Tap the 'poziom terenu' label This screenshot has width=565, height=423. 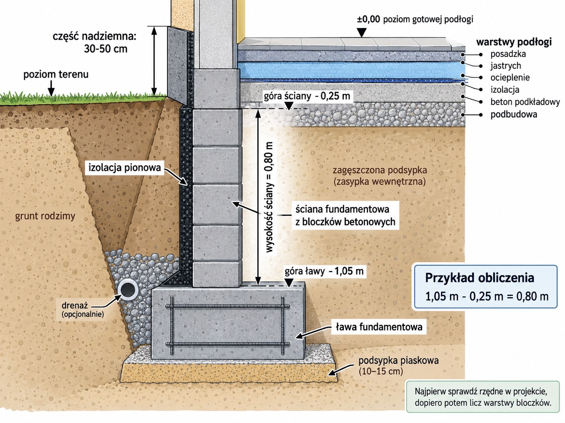[x=56, y=74]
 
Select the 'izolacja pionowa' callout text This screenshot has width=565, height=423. [x=124, y=168]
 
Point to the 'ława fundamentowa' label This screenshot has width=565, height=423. [x=379, y=327]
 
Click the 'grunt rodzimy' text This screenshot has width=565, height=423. [x=45, y=216]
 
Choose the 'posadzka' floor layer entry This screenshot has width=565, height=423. [x=508, y=54]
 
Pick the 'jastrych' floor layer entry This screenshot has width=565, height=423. [x=506, y=66]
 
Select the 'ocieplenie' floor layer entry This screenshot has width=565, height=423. [x=510, y=78]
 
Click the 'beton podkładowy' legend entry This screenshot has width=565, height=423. [x=525, y=102]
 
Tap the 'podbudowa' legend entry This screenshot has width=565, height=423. [x=514, y=114]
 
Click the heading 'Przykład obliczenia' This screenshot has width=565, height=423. [x=480, y=278]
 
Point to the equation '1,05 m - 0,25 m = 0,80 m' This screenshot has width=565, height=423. [x=487, y=296]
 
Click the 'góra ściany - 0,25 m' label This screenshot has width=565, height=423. [x=307, y=96]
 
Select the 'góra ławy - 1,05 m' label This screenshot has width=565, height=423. [x=324, y=271]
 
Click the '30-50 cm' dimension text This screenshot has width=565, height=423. [x=105, y=49]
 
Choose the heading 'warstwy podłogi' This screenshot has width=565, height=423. [x=514, y=42]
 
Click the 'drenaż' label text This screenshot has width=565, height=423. [x=75, y=306]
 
